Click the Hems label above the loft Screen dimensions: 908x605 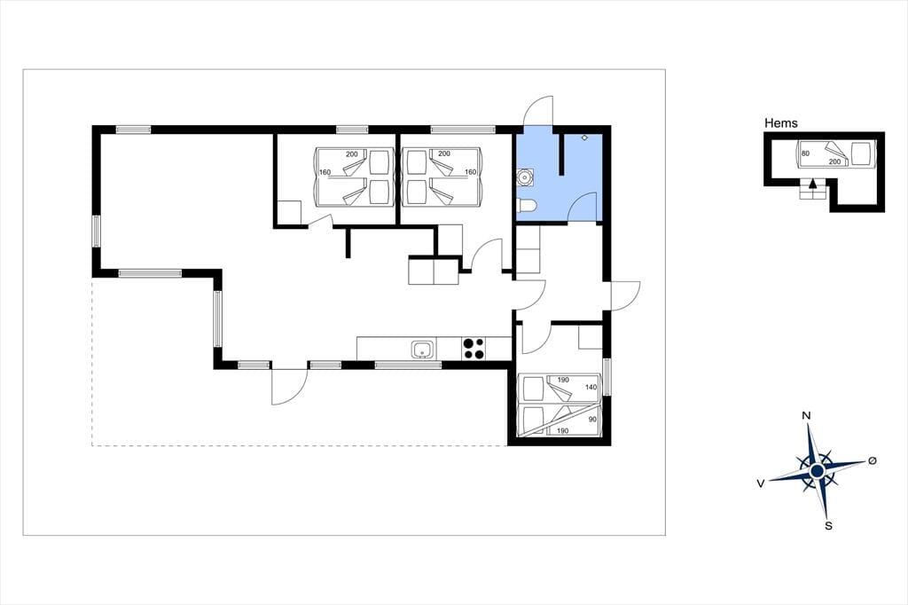(x=780, y=122)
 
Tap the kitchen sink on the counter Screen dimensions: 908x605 (x=423, y=350)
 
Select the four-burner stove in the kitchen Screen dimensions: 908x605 (x=474, y=349)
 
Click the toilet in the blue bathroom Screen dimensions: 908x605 (x=527, y=205)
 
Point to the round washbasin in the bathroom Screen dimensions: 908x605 (x=526, y=177)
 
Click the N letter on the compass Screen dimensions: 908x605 (x=805, y=415)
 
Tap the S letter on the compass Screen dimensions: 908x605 (x=829, y=526)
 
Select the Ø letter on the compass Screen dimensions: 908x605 (x=873, y=460)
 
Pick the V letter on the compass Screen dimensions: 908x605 (x=760, y=483)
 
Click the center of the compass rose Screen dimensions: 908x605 (x=817, y=470)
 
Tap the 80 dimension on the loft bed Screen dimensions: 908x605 (x=805, y=153)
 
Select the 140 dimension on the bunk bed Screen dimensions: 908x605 (x=591, y=387)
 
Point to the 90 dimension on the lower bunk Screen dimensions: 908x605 (x=592, y=419)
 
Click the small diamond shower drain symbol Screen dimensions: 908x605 (x=585, y=137)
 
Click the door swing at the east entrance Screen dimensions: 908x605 (x=625, y=296)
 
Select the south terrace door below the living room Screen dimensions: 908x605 (x=290, y=387)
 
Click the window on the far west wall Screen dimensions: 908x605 (x=96, y=232)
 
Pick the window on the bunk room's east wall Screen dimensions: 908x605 (x=607, y=377)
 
